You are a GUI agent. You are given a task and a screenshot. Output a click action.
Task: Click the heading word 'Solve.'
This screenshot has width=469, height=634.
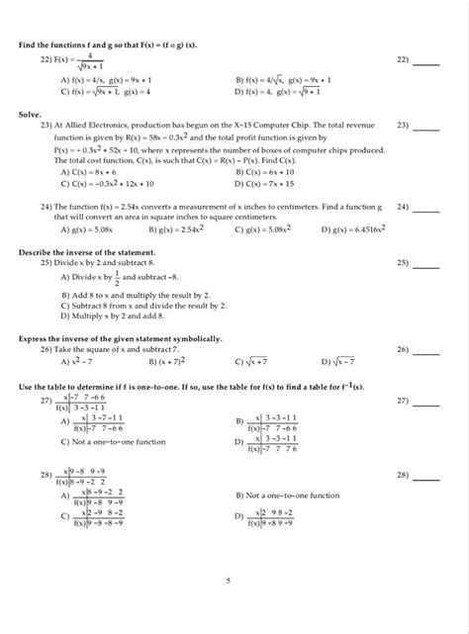pos(32,115)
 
